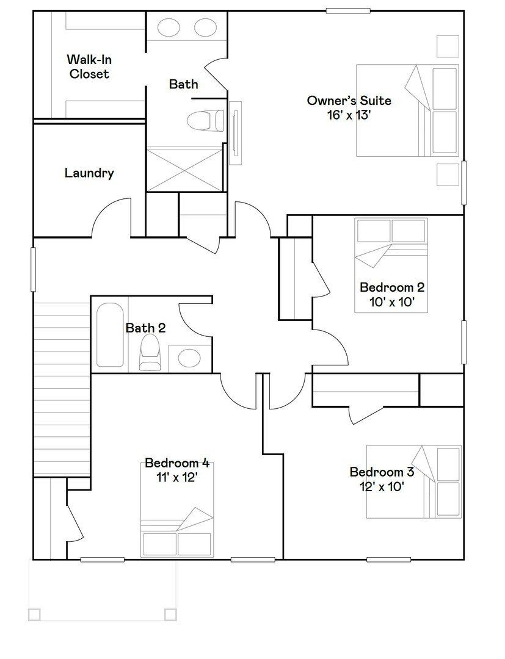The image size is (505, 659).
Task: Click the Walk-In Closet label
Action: click(x=89, y=67)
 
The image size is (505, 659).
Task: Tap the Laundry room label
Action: click(x=89, y=173)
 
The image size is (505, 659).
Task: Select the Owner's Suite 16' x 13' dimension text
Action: click(x=349, y=115)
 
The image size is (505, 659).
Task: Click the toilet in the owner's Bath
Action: click(x=206, y=120)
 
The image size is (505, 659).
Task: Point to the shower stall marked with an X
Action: click(x=185, y=168)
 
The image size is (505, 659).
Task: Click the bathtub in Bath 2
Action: click(x=111, y=334)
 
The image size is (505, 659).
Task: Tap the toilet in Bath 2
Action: click(x=149, y=352)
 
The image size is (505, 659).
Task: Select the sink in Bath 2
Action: click(x=190, y=358)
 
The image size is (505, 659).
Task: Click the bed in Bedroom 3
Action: click(x=413, y=481)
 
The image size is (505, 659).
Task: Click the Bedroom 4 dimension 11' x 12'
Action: click(x=177, y=477)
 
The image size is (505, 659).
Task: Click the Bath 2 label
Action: click(x=145, y=328)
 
